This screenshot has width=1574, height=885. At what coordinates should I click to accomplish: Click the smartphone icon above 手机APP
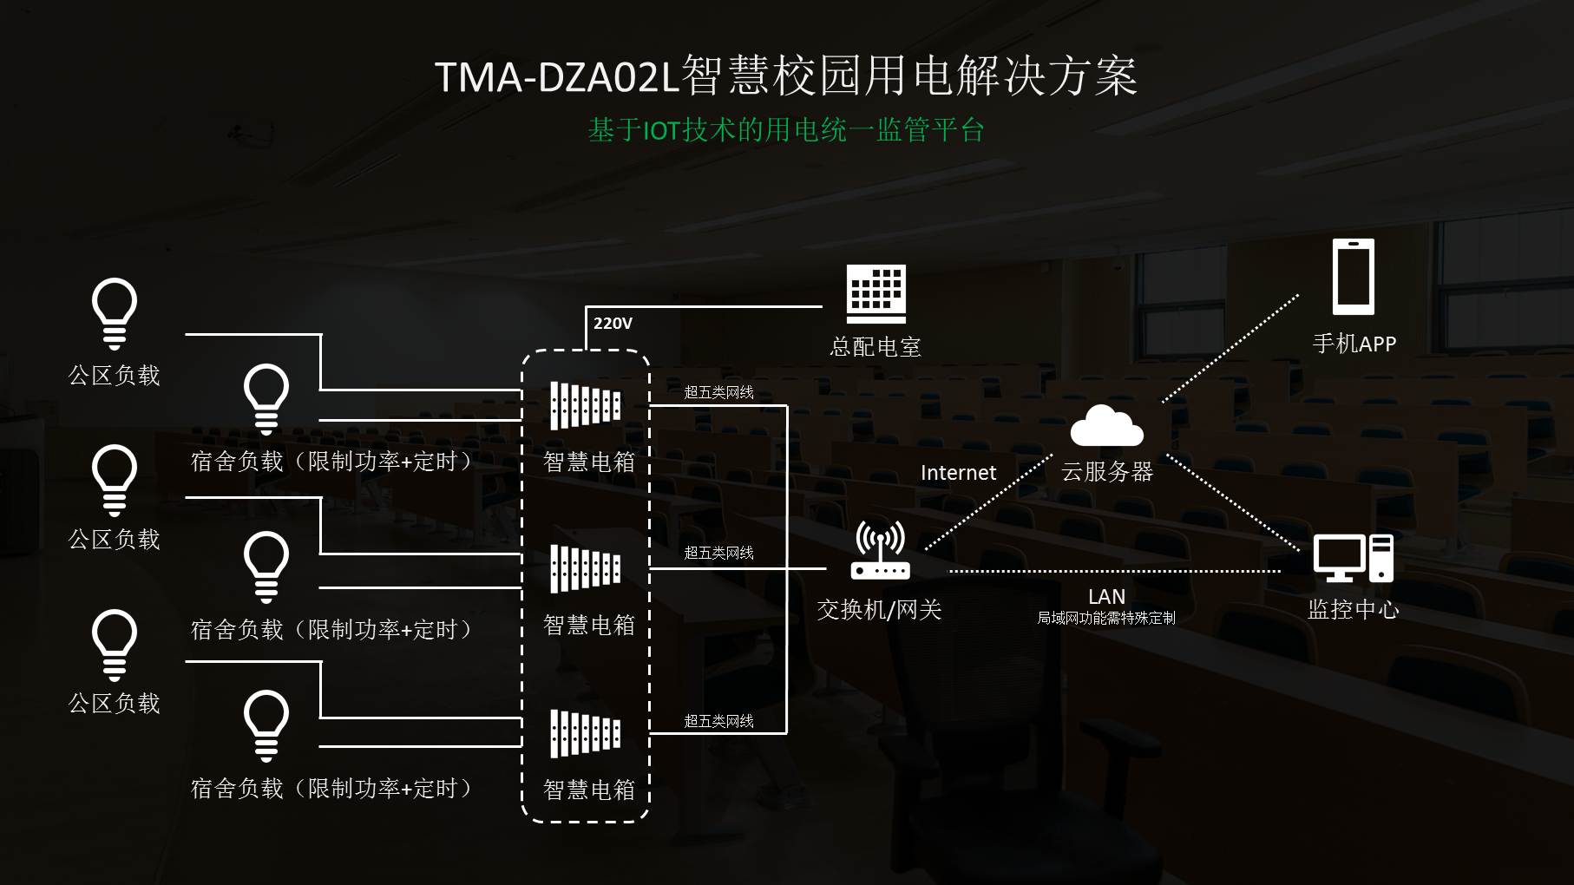[1354, 277]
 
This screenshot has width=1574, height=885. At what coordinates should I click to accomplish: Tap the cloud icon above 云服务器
[1106, 425]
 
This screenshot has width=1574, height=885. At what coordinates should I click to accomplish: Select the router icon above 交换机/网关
[880, 550]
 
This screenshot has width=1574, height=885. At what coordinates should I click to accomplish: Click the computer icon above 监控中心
[1353, 558]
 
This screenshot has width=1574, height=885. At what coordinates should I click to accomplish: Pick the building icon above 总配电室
[876, 294]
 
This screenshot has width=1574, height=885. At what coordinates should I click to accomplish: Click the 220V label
[613, 324]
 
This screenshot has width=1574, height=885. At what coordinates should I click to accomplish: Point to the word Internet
[958, 473]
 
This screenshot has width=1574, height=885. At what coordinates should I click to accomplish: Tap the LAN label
[1106, 597]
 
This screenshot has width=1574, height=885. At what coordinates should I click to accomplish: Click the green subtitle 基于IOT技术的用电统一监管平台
[786, 130]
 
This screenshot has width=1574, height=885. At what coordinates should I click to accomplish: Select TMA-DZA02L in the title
[555, 77]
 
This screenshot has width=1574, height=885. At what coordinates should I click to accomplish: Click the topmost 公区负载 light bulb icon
[115, 312]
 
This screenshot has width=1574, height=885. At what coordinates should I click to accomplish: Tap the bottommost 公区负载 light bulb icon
[115, 645]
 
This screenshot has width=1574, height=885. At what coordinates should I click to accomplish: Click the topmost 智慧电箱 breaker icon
[586, 405]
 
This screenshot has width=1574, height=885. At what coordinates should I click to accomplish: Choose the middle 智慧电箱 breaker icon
[586, 568]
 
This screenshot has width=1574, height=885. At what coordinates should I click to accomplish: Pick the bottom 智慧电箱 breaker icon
[586, 733]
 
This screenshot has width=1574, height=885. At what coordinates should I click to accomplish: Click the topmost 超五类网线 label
[718, 392]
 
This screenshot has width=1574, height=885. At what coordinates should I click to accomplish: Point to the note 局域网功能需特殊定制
[1106, 618]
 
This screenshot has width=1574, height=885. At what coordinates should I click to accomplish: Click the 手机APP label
[1354, 344]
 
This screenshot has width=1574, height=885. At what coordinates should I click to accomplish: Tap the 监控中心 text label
[1353, 609]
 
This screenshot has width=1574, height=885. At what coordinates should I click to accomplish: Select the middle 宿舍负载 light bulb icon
[266, 567]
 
